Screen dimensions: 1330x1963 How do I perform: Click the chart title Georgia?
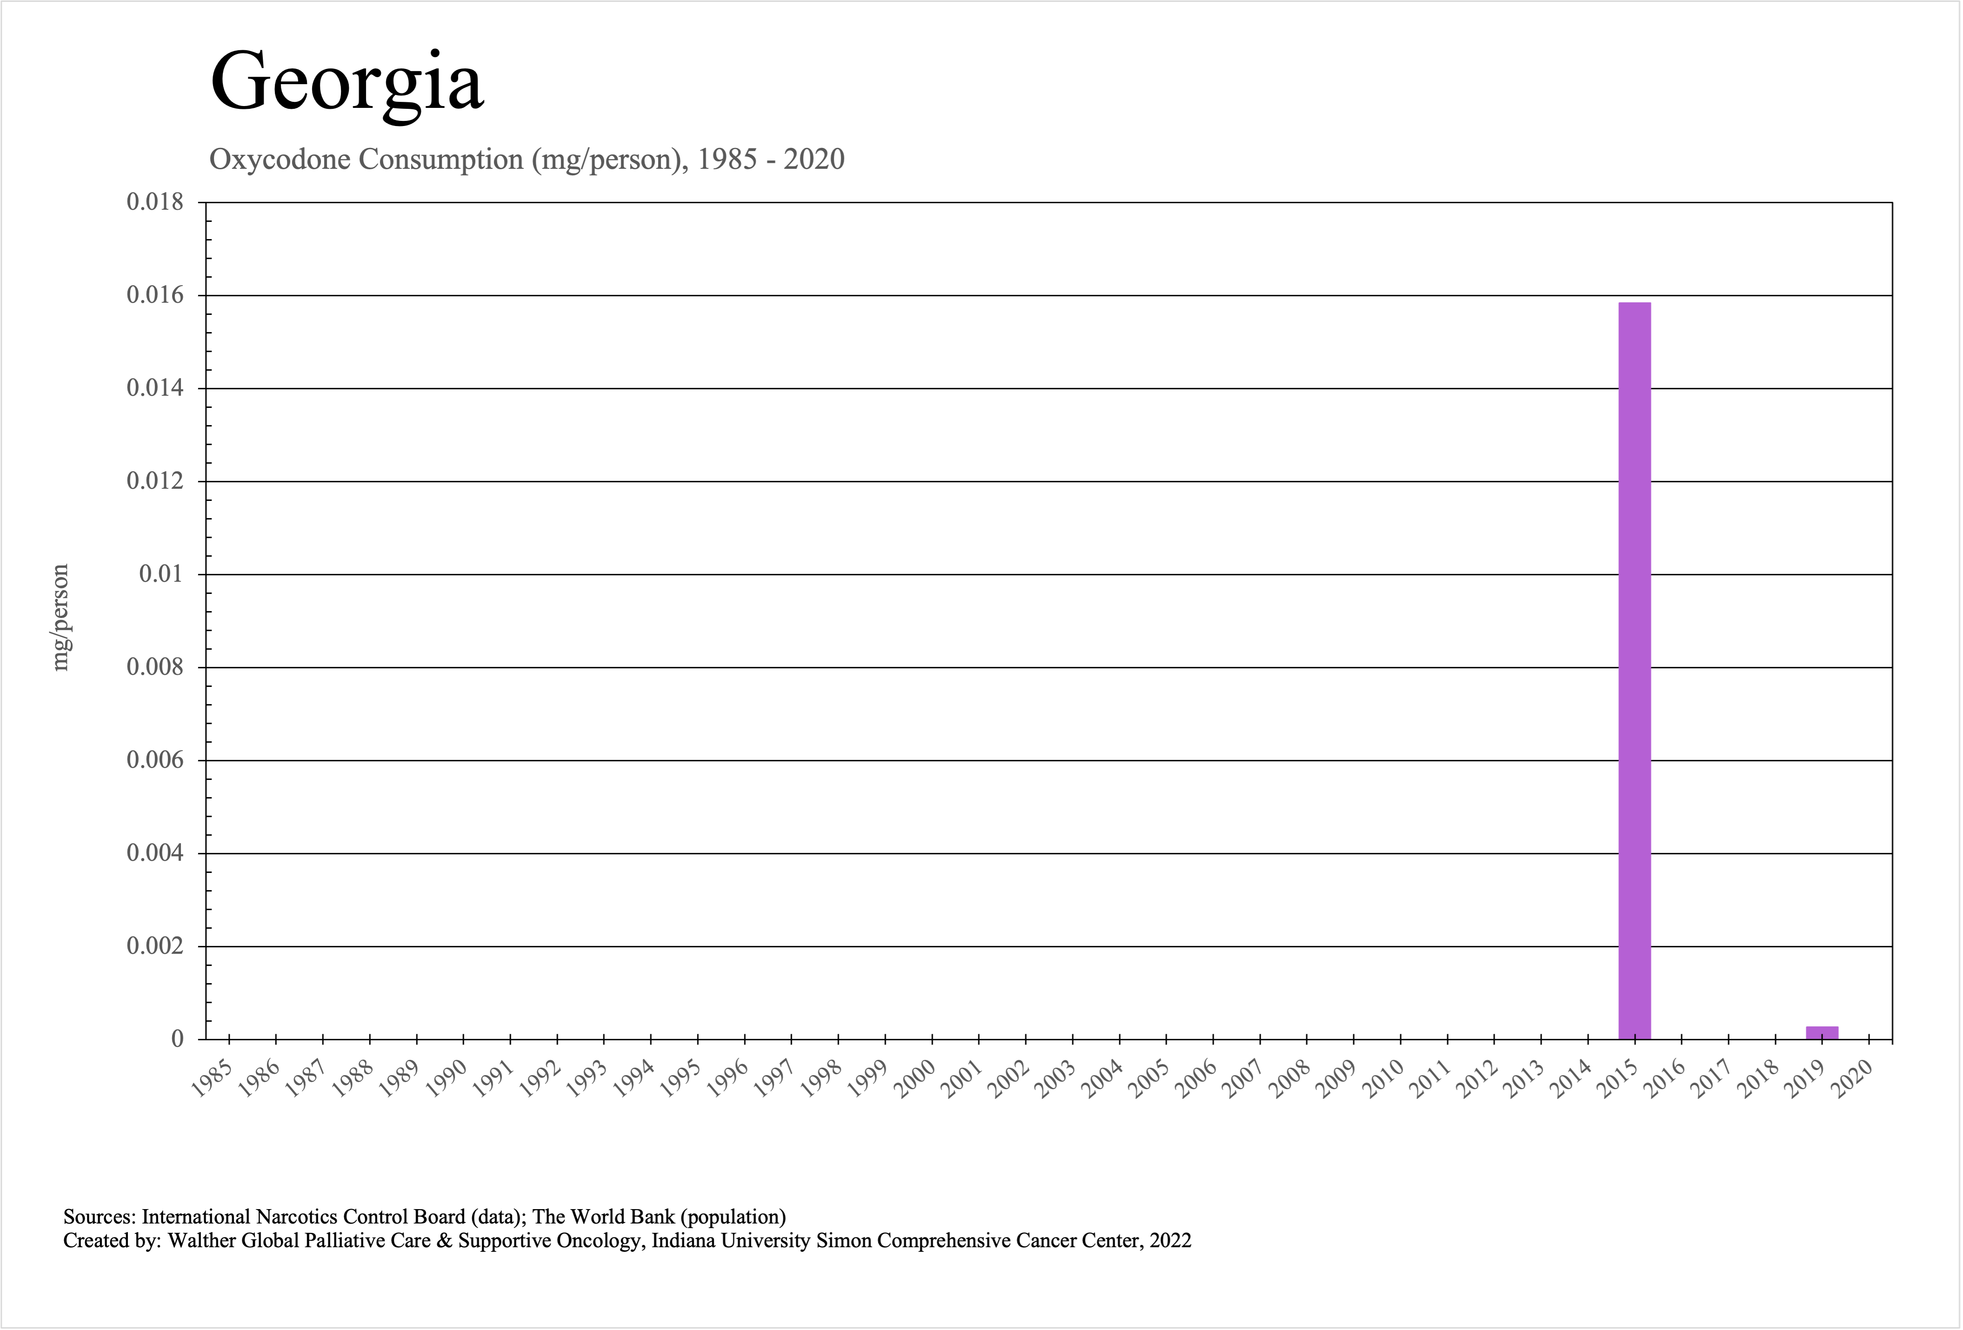(x=346, y=82)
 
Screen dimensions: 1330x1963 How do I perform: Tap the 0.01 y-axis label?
(x=160, y=574)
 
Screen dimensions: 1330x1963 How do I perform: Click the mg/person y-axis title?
(x=59, y=617)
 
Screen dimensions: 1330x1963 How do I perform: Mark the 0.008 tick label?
(x=154, y=667)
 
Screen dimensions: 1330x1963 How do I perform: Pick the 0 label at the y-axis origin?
(x=177, y=1039)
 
